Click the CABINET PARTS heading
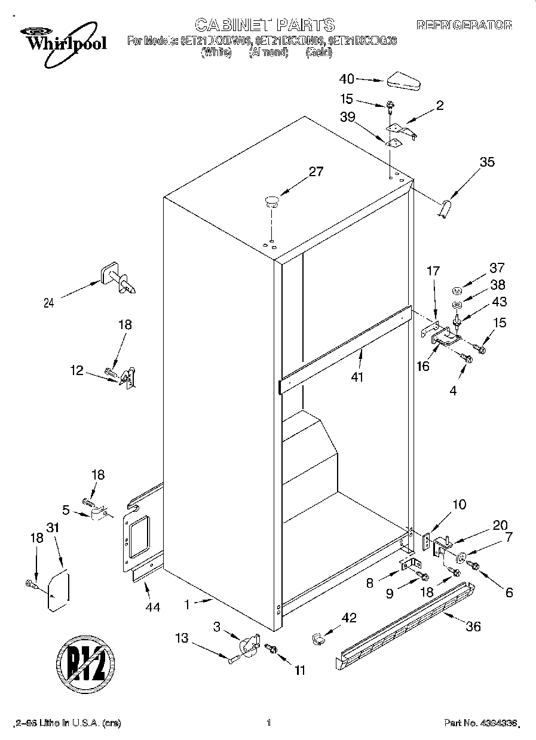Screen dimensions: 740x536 pos(265,24)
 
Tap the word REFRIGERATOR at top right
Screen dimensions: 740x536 pos(464,25)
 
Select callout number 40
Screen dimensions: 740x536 pos(347,79)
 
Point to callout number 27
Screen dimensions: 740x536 pos(316,172)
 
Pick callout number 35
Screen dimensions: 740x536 pos(487,161)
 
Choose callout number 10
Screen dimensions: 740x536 pos(458,505)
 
